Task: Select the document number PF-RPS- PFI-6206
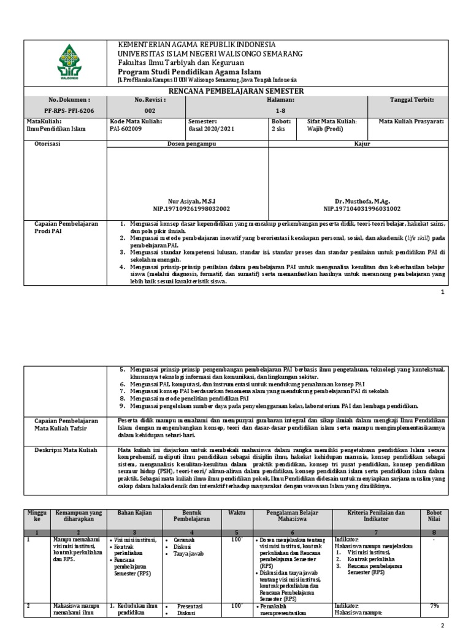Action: coord(69,110)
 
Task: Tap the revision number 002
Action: coord(150,110)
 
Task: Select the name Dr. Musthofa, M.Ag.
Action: coord(362,201)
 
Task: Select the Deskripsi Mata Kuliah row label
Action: coord(66,450)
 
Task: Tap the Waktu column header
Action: coord(236,512)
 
